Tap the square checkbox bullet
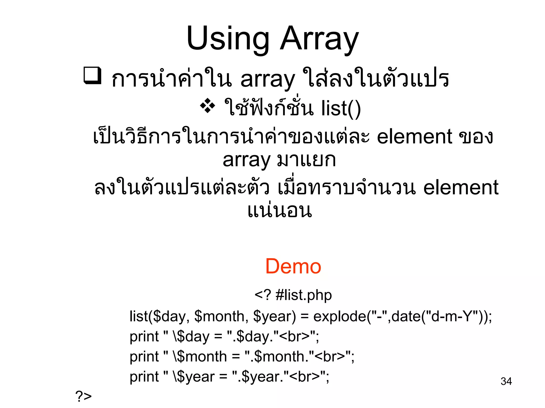coord(92,76)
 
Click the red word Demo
coord(293,266)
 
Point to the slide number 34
coord(506,381)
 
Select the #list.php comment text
coord(304,295)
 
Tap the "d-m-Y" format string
coord(452,316)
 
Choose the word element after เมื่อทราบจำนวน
coord(461,188)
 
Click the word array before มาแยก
coord(246,160)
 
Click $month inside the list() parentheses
coord(219,316)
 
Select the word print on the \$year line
coord(144,377)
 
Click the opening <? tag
coord(263,295)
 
